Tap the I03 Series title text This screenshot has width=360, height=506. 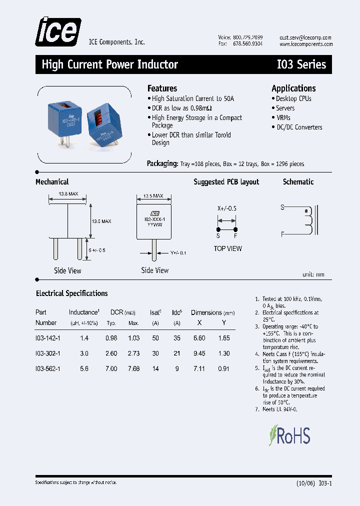coord(301,64)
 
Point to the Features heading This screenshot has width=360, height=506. coord(162,88)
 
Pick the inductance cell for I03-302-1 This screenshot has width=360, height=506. coord(84,353)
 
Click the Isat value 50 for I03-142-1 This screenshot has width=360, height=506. coord(155,338)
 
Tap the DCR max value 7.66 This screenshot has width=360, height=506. coord(133,368)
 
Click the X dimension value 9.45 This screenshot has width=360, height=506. coord(199,353)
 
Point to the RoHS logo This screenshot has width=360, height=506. coord(290,435)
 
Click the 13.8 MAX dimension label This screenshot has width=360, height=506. coord(68,193)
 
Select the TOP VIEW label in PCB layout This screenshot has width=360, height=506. coord(227,248)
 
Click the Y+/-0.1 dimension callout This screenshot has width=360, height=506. coord(177,253)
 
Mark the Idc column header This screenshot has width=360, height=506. coord(176,312)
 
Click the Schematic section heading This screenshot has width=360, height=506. coord(298,182)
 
